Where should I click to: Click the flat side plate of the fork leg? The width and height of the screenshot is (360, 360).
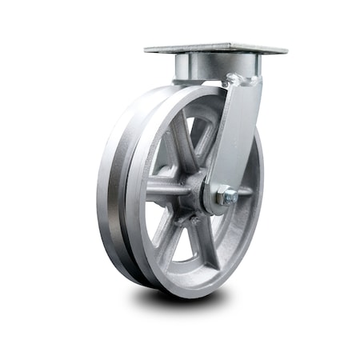(235, 136)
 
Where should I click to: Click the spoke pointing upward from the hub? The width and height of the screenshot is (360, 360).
(185, 140)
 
